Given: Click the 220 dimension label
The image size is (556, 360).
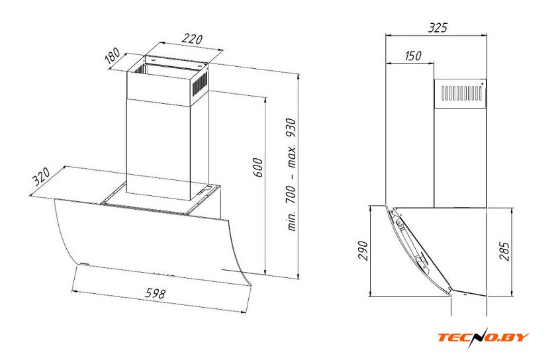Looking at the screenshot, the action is pos(192,39).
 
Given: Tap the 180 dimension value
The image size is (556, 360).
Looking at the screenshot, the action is pos(113,58).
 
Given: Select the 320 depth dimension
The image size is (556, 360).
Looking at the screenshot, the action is pos(42,176).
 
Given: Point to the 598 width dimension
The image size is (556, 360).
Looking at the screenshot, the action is pos(156,293).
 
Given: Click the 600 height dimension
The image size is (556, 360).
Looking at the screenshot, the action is pos(258,167).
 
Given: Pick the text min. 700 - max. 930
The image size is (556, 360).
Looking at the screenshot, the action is pos(291,175).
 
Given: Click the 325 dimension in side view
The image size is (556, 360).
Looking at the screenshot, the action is pos(438,27).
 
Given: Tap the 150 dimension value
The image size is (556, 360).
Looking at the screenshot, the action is pos(413,56).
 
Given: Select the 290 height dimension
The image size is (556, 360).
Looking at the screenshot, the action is pos(363,250).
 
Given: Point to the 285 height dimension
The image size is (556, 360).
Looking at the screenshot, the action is pos(504,251).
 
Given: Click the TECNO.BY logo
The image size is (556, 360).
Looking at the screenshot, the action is pos(483,337).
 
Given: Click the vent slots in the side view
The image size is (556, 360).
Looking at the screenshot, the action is pos(462,93).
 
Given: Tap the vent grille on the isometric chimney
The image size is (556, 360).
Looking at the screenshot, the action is pos(200,83).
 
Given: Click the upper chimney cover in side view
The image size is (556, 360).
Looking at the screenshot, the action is pos(460,93).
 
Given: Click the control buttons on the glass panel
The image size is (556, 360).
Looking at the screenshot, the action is pos(163,273).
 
